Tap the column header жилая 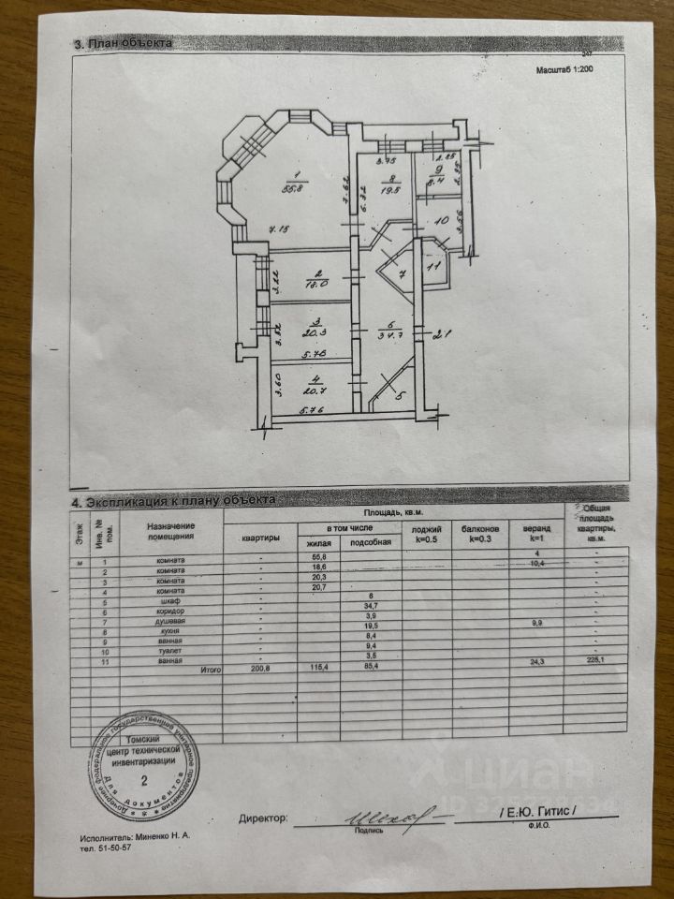tap(318, 543)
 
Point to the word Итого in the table tap(210, 671)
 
